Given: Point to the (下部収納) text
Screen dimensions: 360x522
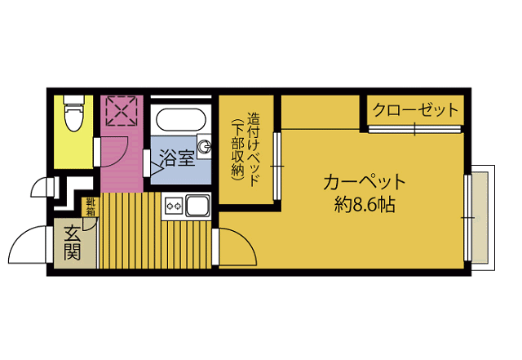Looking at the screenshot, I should (237, 149).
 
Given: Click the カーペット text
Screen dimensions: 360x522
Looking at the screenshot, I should (364, 181).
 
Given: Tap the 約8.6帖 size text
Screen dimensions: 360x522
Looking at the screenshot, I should (364, 205).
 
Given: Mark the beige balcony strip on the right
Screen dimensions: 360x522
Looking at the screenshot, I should (482, 216).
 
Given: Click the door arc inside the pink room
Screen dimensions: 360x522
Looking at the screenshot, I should (113, 151).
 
